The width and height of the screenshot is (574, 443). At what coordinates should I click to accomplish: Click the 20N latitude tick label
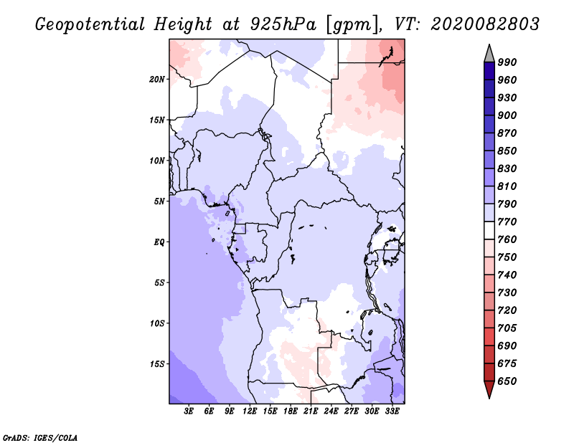tap(157, 80)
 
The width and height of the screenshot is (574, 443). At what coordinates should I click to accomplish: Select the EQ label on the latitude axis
tap(159, 242)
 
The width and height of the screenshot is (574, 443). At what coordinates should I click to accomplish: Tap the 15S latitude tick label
tap(157, 364)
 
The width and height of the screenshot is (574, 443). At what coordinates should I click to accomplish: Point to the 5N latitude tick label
tap(159, 201)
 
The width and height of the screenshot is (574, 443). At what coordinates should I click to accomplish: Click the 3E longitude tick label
tap(189, 411)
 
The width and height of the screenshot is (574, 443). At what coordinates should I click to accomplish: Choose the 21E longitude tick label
tap(311, 411)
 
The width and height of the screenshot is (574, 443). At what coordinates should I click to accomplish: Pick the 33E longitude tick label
tap(392, 411)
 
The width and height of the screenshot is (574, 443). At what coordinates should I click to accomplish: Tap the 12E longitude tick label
tap(250, 411)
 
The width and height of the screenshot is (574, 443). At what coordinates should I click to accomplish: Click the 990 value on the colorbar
tap(507, 62)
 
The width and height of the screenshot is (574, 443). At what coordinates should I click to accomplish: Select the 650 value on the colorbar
tap(507, 381)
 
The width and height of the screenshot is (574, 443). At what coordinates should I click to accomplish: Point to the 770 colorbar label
tap(507, 221)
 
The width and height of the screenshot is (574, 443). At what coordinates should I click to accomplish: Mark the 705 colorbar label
tap(507, 328)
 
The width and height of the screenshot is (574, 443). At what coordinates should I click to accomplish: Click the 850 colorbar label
tap(507, 151)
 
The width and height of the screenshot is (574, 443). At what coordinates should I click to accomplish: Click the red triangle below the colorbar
tap(489, 389)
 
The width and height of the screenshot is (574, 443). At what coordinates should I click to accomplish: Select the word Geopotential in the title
tap(90, 24)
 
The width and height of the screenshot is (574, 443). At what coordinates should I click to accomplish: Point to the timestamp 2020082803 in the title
tap(485, 24)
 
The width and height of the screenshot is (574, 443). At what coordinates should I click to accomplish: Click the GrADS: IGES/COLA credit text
tap(40, 438)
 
